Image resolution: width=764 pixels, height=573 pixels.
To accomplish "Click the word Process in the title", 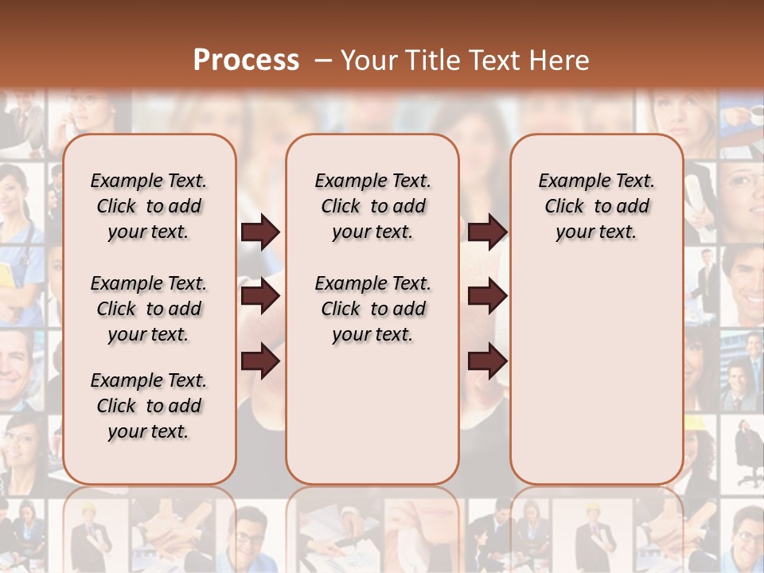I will pyautogui.click(x=246, y=60).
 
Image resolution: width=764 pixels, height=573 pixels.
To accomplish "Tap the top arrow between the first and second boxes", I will pyautogui.click(x=260, y=232).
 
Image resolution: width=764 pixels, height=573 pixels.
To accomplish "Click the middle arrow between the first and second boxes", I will pyautogui.click(x=260, y=297).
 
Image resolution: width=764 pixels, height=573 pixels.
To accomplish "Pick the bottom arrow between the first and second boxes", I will pyautogui.click(x=260, y=362).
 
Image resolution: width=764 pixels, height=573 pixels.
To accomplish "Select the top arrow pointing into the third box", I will pyautogui.click(x=487, y=232).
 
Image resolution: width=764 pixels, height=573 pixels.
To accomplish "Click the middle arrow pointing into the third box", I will pyautogui.click(x=487, y=297).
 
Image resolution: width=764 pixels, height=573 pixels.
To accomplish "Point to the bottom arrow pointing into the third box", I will pyautogui.click(x=487, y=362).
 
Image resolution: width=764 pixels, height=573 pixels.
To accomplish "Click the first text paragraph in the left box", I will pyautogui.click(x=148, y=206).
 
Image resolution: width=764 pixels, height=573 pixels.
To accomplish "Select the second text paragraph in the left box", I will pyautogui.click(x=148, y=309).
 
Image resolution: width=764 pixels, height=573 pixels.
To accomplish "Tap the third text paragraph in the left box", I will pyautogui.click(x=148, y=406).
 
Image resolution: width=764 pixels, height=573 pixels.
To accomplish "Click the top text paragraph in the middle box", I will pyautogui.click(x=372, y=206).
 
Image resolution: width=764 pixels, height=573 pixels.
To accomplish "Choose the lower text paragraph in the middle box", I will pyautogui.click(x=372, y=309).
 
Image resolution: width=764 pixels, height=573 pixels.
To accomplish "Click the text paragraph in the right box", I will pyautogui.click(x=596, y=206).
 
